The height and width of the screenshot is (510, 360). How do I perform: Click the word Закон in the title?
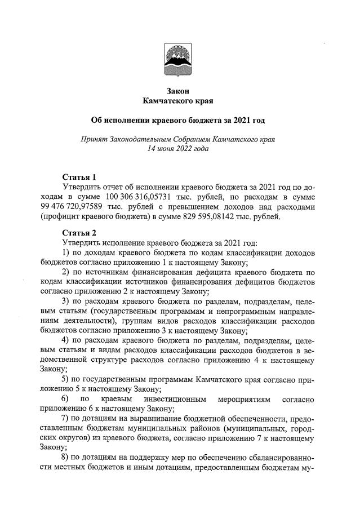click(x=179, y=91)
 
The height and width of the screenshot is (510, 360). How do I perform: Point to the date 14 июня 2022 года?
click(x=178, y=149)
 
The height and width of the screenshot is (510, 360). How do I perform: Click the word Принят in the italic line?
click(x=95, y=139)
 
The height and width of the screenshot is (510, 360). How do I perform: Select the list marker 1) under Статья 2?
click(x=65, y=252)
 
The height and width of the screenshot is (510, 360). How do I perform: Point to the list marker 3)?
click(x=65, y=300)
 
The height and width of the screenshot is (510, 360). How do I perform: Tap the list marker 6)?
click(x=65, y=399)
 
